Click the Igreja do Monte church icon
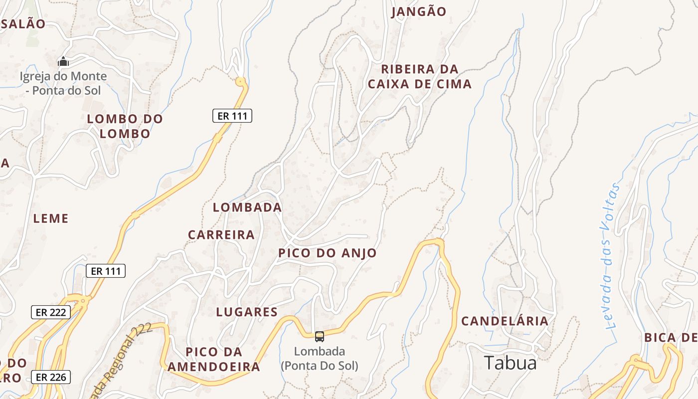(x=63, y=62)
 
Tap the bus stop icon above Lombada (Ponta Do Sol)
(x=320, y=337)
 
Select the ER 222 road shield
(x=51, y=312)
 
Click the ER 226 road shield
(x=51, y=377)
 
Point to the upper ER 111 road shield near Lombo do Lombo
(x=232, y=116)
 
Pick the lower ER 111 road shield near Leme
(x=106, y=271)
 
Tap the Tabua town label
(x=511, y=363)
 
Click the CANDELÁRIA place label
(x=505, y=321)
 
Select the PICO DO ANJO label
(x=328, y=253)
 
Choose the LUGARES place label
(x=247, y=312)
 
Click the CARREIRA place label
(x=221, y=234)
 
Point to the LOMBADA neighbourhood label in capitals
(x=247, y=207)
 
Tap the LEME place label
(x=51, y=218)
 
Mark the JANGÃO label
(x=419, y=11)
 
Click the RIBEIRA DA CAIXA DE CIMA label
(x=420, y=76)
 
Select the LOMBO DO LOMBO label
(x=125, y=126)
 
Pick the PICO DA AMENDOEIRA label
(x=214, y=359)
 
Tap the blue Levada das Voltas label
(x=611, y=257)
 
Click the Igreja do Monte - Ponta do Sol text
(x=63, y=83)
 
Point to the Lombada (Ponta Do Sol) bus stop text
(x=320, y=358)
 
